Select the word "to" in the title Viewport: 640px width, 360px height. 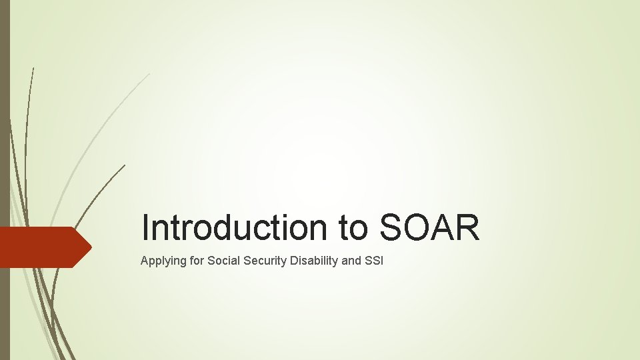point(353,227)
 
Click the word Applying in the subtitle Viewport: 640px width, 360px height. point(161,261)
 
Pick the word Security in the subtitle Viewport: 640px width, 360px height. point(265,261)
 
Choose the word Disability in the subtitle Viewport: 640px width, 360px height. point(315,261)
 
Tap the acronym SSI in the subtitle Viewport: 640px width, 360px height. point(374,260)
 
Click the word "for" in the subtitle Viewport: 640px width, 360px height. point(195,260)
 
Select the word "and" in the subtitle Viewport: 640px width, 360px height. point(351,260)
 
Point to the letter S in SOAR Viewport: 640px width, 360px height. point(391,227)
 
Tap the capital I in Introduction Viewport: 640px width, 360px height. point(146,227)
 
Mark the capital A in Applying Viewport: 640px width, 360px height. point(145,260)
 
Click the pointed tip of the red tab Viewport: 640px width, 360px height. point(91,247)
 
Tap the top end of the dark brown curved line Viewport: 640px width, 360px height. point(125,165)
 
